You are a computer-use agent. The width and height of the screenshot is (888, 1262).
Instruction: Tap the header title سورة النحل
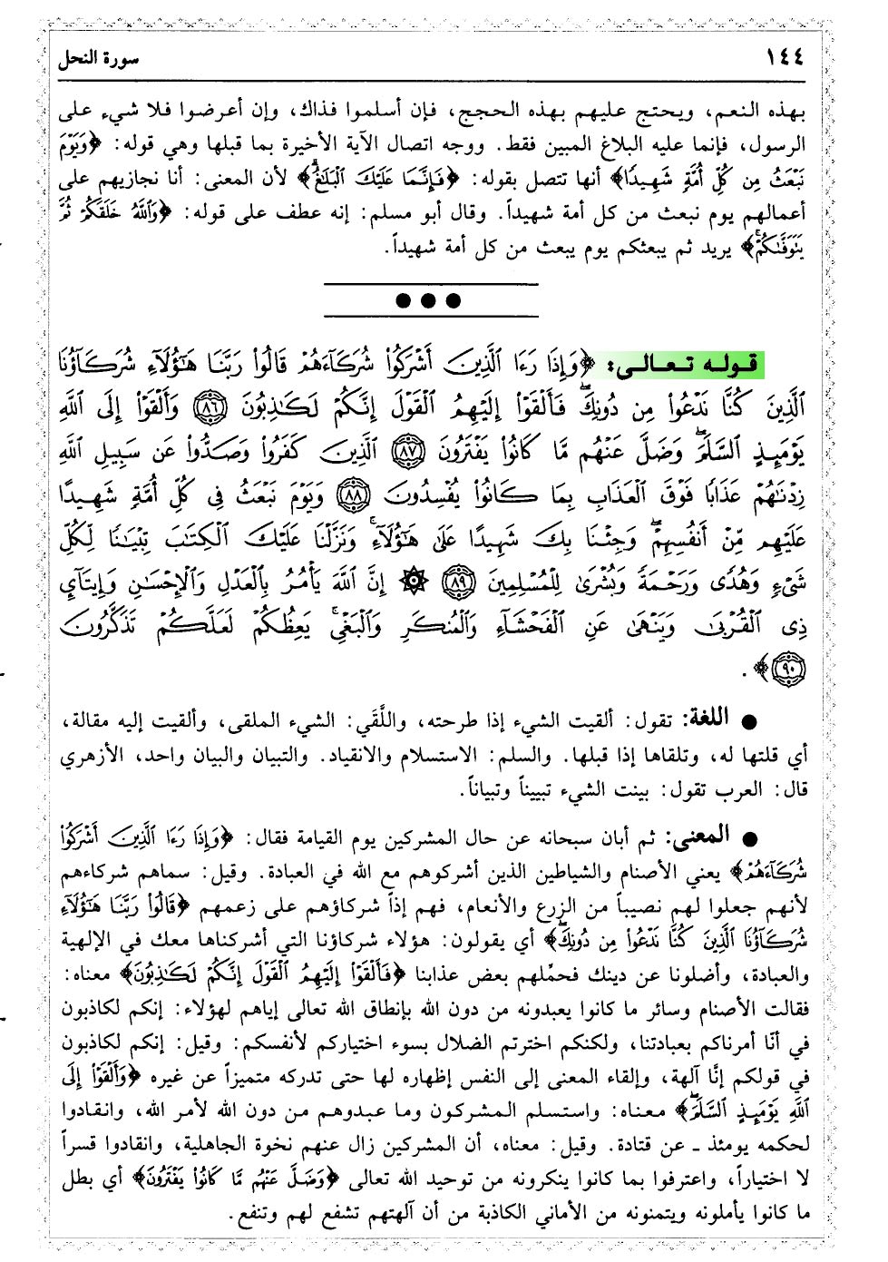[x=98, y=60]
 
